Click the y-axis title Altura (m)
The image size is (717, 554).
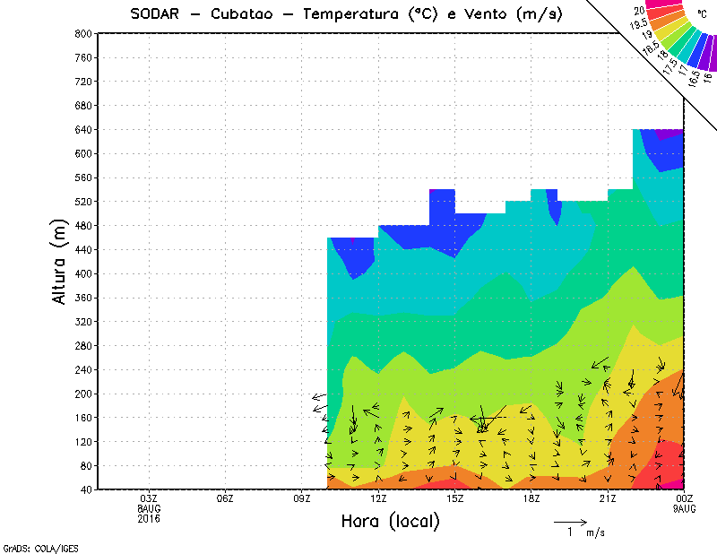coord(60,261)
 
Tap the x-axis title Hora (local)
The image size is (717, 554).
coord(389,521)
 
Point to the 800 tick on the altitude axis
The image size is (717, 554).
coord(82,33)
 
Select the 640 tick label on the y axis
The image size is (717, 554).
coord(82,129)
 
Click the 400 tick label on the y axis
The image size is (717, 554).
coord(82,273)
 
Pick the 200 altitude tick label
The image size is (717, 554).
coord(82,394)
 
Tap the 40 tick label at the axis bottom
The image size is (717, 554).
coord(84,489)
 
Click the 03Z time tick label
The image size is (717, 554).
coord(150,498)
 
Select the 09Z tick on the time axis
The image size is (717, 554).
coord(302,498)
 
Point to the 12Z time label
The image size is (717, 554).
coord(378,498)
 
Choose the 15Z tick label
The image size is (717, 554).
coord(455,498)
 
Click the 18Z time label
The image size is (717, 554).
coord(531,498)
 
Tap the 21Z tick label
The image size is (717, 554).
coord(608,498)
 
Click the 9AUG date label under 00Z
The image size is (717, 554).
coord(684,507)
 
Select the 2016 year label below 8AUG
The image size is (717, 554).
coord(150,516)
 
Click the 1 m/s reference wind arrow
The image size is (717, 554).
coord(569,521)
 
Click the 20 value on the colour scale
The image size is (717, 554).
coord(640,11)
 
